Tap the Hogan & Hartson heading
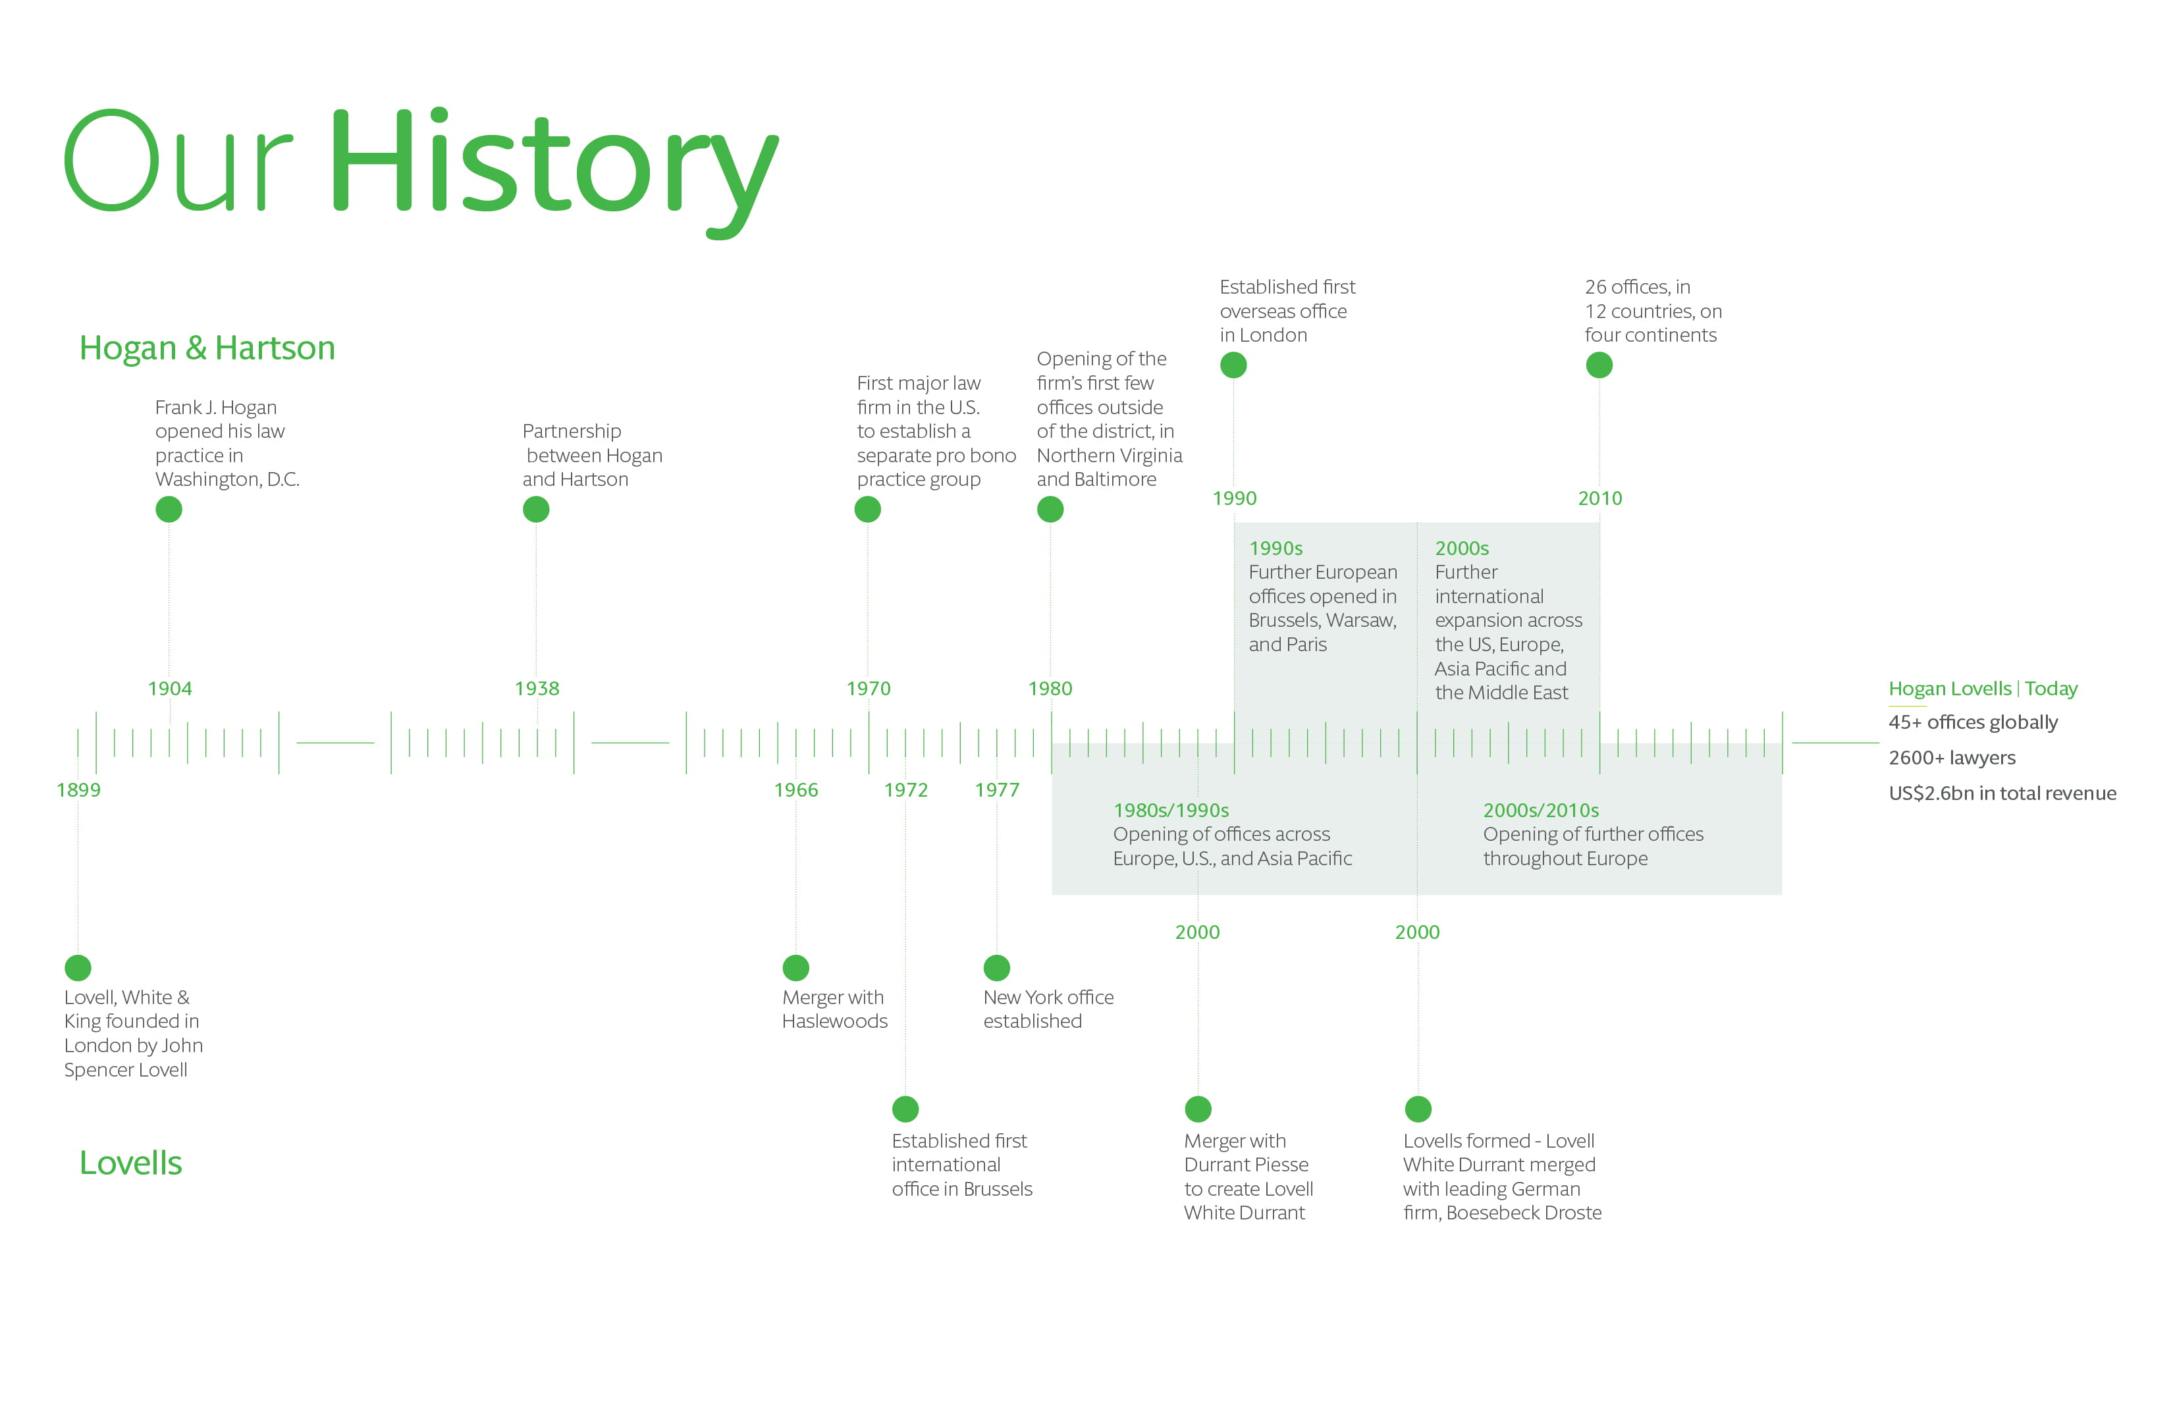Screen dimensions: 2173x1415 click(x=207, y=348)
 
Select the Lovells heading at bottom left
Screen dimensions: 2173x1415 click(x=130, y=1163)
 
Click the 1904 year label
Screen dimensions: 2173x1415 click(x=170, y=688)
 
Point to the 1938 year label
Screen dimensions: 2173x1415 click(x=537, y=688)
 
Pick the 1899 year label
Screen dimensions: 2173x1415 click(x=78, y=789)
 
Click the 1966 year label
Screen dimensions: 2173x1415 click(x=796, y=789)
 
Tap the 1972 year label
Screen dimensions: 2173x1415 click(x=905, y=789)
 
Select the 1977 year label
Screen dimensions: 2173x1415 click(x=997, y=789)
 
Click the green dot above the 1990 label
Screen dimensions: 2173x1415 click(x=1233, y=365)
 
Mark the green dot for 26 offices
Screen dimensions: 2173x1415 click(x=1599, y=365)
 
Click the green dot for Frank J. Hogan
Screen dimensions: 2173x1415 click(x=169, y=510)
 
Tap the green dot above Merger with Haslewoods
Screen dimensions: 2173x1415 click(x=796, y=968)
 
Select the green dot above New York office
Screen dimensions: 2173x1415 click(x=997, y=968)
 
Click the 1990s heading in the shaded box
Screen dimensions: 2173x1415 click(x=1275, y=548)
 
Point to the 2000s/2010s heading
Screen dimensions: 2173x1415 click(x=1542, y=811)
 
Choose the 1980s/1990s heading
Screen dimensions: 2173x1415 click(x=1171, y=811)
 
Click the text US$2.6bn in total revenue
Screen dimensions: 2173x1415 click(x=2002, y=793)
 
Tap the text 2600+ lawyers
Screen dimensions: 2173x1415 click(x=1952, y=758)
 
